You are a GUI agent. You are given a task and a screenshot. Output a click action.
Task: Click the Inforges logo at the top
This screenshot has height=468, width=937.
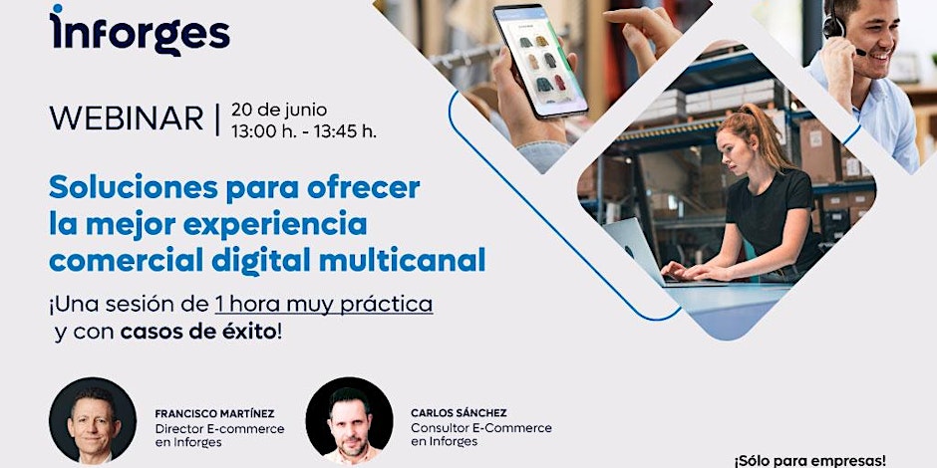click(x=140, y=30)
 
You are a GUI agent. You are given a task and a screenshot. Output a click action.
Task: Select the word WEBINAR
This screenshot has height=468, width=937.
click(x=127, y=118)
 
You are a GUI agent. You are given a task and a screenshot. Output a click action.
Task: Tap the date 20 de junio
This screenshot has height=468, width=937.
click(x=279, y=110)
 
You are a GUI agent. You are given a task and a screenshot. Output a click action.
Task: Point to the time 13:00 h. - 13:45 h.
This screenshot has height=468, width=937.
click(x=304, y=131)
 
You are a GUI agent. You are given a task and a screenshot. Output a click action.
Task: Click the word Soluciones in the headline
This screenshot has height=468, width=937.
click(x=134, y=188)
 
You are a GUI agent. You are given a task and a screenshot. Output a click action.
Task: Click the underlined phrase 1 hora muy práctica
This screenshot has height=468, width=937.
click(x=324, y=305)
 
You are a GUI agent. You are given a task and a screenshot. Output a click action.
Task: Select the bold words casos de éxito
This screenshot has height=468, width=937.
click(x=198, y=333)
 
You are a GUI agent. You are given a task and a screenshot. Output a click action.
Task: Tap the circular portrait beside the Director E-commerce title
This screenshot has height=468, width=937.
click(x=93, y=420)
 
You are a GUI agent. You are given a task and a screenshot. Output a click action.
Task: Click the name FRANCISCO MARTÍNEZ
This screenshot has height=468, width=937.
click(x=214, y=413)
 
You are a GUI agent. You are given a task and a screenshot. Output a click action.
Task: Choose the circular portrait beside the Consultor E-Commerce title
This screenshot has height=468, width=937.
click(x=350, y=420)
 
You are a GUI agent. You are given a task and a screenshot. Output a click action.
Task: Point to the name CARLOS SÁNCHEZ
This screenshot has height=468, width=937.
click(x=459, y=413)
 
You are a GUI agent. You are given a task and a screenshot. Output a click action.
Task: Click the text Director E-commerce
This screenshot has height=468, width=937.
click(x=220, y=428)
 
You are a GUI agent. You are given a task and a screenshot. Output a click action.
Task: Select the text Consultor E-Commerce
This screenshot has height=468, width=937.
click(x=481, y=428)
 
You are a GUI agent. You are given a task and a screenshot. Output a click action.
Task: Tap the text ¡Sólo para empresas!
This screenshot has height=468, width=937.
click(x=810, y=461)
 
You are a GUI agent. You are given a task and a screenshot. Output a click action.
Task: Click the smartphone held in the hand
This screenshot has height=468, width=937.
click(x=540, y=62)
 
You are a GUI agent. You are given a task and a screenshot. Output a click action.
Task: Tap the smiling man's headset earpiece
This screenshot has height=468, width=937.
click(x=831, y=26)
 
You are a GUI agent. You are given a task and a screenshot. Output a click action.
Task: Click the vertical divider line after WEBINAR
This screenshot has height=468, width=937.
click(x=217, y=118)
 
